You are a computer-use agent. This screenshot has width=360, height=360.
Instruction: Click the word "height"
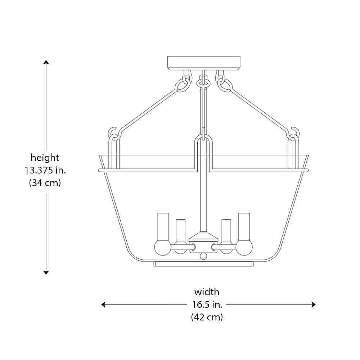coord(45,158)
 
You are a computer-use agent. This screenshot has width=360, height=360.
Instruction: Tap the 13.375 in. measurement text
coord(45,170)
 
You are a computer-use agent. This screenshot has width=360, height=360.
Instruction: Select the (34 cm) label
coord(45,183)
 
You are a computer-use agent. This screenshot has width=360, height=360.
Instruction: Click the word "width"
coord(207,292)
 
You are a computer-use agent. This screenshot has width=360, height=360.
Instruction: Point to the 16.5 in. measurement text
coord(207,305)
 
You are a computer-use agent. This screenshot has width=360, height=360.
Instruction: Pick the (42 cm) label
coord(207,317)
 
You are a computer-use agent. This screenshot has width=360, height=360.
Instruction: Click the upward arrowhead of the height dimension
coord(46,62)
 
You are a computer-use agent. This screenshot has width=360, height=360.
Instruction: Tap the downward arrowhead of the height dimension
coord(46,273)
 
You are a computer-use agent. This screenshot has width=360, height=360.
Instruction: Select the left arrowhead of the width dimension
coord(103,305)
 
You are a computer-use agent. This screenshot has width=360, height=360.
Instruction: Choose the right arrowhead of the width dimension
coord(314,305)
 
